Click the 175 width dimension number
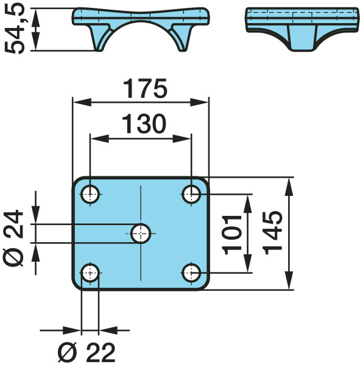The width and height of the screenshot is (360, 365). point(145,88)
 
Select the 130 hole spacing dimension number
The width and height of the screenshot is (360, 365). point(144,124)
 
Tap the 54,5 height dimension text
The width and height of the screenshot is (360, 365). point(15,29)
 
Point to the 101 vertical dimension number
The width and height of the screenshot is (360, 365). point(232,235)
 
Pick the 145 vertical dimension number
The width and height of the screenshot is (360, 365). point(272,233)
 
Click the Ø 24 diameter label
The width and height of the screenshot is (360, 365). point(13,238)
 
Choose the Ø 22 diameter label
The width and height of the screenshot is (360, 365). point(86,352)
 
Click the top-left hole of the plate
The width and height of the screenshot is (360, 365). point(90,194)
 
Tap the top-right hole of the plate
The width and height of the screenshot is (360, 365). point(191,194)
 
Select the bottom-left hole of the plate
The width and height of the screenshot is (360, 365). point(90,273)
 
